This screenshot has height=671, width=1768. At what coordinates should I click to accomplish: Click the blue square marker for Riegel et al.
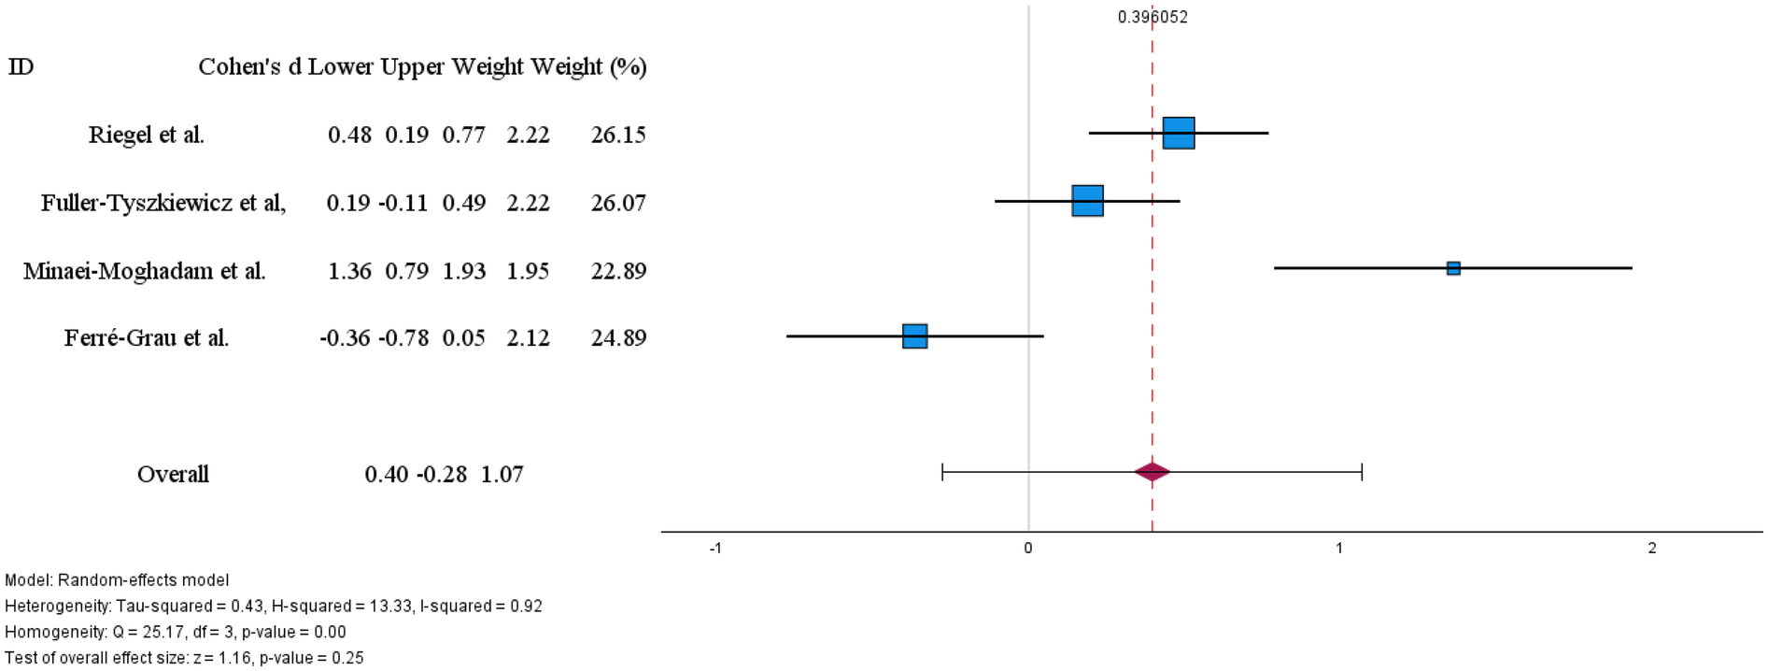point(1178,133)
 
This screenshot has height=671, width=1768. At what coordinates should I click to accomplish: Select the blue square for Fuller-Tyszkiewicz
point(1087,201)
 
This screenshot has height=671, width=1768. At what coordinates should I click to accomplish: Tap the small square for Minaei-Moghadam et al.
point(1453,268)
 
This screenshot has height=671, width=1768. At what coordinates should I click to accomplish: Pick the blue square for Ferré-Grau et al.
point(914,336)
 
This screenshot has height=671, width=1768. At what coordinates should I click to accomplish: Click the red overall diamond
point(1152,472)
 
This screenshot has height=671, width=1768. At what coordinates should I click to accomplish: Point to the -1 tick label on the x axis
point(715,549)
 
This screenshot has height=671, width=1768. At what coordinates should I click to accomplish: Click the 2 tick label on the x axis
point(1651,549)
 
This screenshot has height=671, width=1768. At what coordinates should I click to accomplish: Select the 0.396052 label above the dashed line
point(1153,17)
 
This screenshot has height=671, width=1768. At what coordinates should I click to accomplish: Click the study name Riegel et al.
point(147,135)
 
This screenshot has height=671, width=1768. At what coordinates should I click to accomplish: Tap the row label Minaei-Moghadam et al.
point(145,271)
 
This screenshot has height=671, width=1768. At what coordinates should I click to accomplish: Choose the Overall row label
point(173,474)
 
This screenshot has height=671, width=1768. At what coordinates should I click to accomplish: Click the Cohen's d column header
point(249,66)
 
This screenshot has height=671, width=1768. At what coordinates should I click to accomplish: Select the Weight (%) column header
point(588,66)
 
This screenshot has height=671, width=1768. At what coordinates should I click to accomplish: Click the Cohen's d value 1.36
point(349,271)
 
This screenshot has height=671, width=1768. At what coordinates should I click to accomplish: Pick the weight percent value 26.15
point(618,135)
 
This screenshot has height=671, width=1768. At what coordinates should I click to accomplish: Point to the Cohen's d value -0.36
point(345,338)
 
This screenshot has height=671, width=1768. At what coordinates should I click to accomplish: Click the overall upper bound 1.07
point(502,474)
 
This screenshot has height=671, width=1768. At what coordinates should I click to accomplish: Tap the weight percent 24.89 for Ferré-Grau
point(618,338)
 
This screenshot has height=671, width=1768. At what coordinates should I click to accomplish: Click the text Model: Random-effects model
point(117,580)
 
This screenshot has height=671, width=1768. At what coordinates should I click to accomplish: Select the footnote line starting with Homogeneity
point(176,632)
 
